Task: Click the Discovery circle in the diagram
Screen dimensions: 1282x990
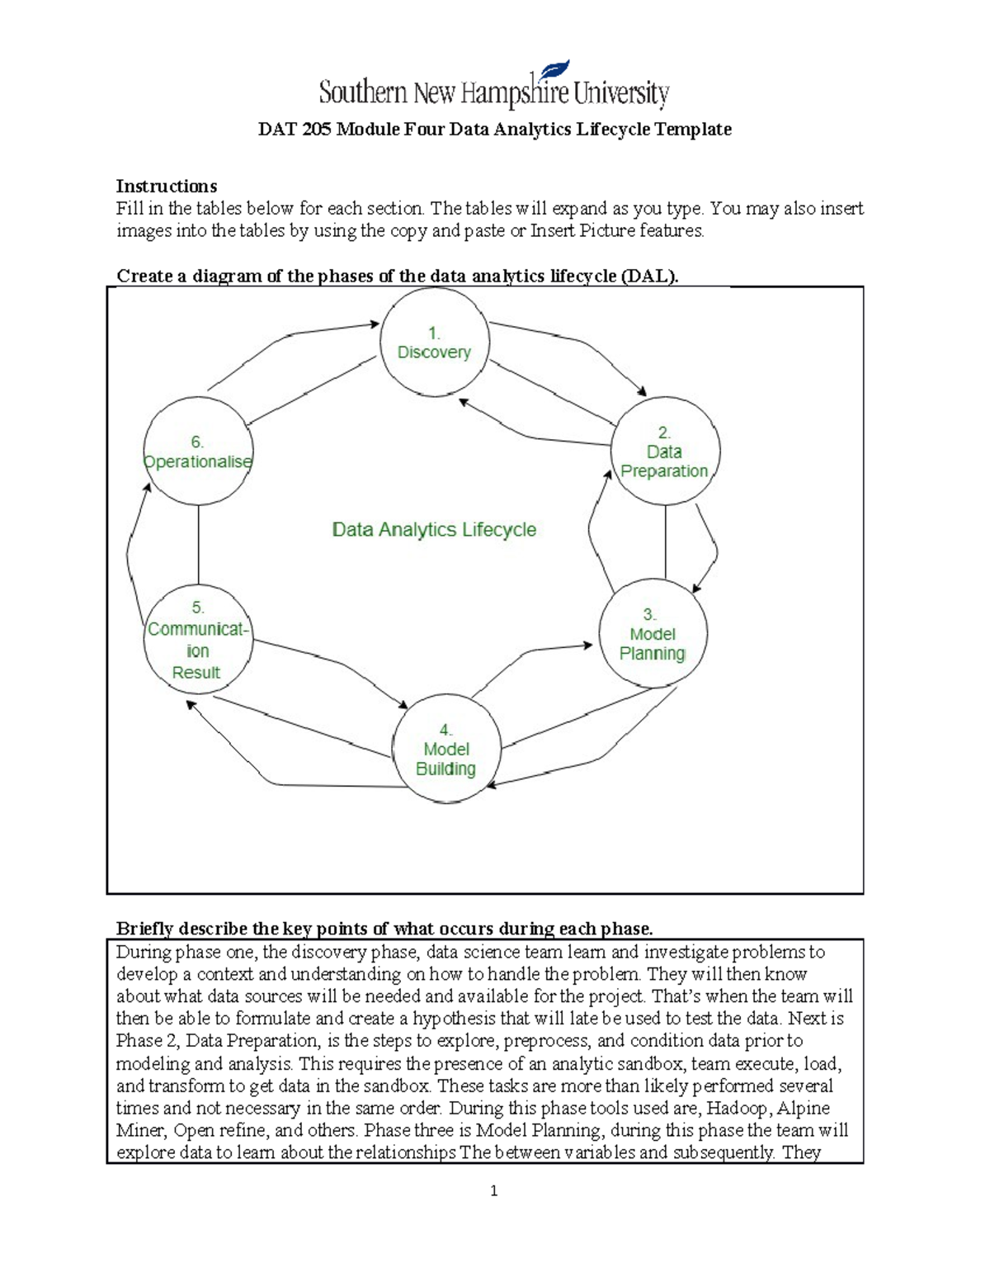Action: (x=435, y=342)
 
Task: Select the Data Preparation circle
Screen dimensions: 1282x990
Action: (x=665, y=451)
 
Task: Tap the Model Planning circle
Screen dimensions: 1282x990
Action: (x=653, y=633)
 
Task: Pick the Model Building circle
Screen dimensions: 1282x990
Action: (x=446, y=749)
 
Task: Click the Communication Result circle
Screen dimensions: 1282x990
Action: (x=198, y=640)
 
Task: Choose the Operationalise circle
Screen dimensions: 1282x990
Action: (x=198, y=451)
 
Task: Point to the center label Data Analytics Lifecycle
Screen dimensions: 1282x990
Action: (x=434, y=529)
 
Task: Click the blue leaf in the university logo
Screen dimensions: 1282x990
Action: (x=554, y=71)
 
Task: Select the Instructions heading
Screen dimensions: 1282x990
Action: (x=167, y=186)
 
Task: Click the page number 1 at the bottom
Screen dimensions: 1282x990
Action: (x=493, y=1190)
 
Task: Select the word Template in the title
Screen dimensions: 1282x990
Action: (x=693, y=130)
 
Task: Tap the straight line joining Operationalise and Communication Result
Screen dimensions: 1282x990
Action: (x=198, y=545)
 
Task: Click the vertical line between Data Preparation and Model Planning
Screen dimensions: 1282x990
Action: (x=666, y=541)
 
